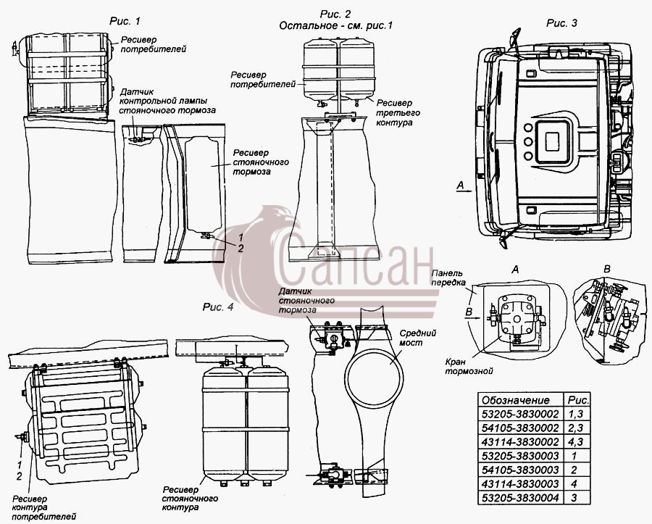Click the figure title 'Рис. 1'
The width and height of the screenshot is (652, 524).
coord(125,21)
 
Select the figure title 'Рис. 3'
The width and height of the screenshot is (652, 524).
coord(561,23)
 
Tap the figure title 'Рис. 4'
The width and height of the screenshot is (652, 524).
coord(218,307)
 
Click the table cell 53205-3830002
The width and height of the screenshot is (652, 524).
coord(520,414)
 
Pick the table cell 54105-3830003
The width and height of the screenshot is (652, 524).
coord(520,470)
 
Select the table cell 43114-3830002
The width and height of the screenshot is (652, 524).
coord(520,441)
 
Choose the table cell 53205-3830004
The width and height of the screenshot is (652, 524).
coord(520,497)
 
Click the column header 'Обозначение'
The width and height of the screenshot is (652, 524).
coord(516,400)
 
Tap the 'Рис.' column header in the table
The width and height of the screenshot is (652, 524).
coord(578,400)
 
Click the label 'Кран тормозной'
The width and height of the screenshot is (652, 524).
coord(469,367)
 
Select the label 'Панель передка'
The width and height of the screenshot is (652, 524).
coord(448,278)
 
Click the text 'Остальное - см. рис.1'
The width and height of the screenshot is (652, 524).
coord(335,26)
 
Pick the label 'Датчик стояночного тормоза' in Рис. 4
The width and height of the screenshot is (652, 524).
coord(306,300)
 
